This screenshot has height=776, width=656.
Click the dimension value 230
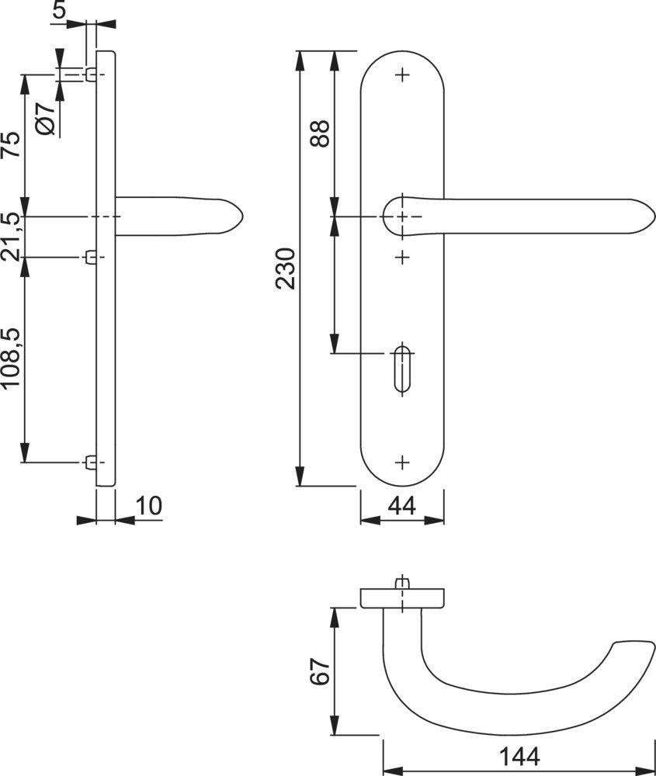286,268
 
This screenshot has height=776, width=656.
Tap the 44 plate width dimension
401,505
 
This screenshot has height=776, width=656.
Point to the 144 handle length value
519,756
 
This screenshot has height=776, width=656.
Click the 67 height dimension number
320,672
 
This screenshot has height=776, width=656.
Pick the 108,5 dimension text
12,358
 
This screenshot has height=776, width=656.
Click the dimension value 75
12,145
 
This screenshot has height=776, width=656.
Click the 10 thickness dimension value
148,505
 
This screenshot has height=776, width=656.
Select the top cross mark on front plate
401,75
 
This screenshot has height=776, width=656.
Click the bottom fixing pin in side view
91,463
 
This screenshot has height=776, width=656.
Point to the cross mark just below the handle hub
401,256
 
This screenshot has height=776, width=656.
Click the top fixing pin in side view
91,75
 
